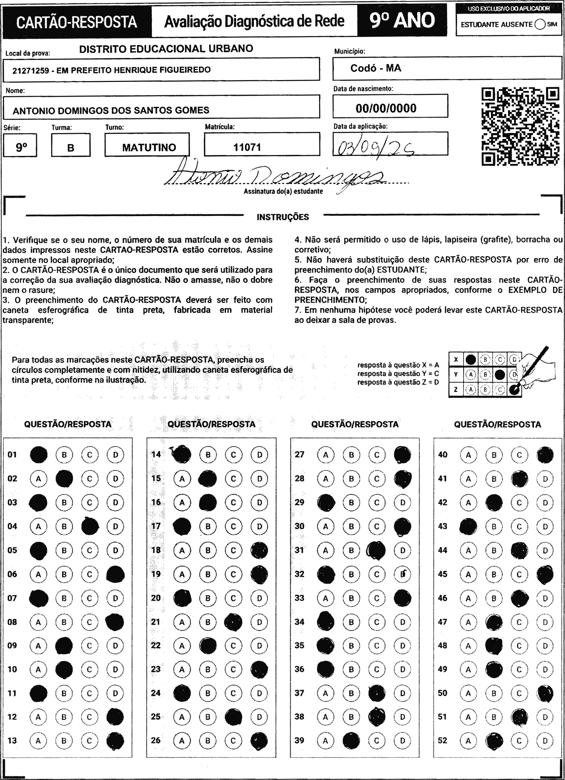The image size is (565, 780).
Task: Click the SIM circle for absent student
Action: pyautogui.click(x=540, y=24)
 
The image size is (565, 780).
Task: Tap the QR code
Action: pyautogui.click(x=520, y=126)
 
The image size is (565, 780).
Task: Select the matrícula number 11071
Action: pyautogui.click(x=247, y=147)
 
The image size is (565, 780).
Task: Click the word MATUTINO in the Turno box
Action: pyautogui.click(x=149, y=147)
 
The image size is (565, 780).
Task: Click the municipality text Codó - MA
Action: pyautogui.click(x=375, y=68)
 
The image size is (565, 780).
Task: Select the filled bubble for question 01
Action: pyautogui.click(x=39, y=455)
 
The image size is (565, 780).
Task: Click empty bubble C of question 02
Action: pyautogui.click(x=90, y=479)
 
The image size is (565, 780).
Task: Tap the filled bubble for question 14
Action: pyautogui.click(x=182, y=455)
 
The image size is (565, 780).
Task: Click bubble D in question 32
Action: pyautogui.click(x=403, y=574)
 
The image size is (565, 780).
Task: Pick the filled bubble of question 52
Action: pyautogui.click(x=494, y=740)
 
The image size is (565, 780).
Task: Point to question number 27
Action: pyautogui.click(x=300, y=455)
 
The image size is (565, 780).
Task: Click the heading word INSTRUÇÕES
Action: pyautogui.click(x=283, y=217)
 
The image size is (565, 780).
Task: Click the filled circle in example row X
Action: pyautogui.click(x=470, y=360)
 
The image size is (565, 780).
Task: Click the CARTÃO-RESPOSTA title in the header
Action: pyautogui.click(x=77, y=22)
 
